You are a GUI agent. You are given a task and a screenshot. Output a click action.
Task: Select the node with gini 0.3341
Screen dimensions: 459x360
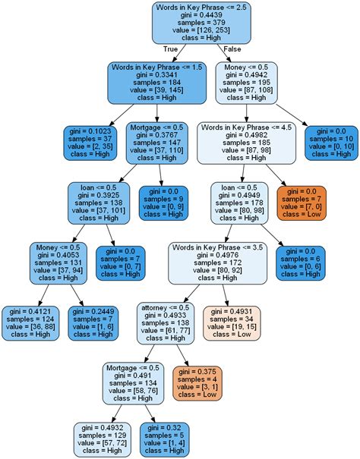156,82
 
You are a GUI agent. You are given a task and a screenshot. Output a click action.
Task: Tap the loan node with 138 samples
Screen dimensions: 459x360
93,202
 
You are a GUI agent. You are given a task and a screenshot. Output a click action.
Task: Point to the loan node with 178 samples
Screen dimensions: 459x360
239,202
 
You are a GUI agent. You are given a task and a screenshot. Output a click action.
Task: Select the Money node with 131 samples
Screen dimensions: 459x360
61,262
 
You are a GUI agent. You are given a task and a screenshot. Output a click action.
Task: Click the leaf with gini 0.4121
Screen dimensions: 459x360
30,322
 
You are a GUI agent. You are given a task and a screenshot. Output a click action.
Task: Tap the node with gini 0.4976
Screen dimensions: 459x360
217,262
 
